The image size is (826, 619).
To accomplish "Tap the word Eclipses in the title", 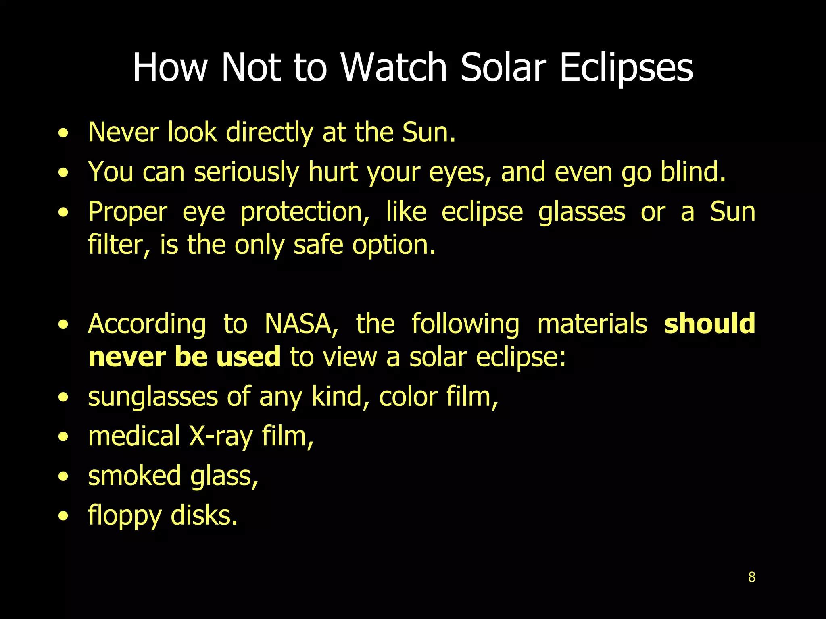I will click(626, 67).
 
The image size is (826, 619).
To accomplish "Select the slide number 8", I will click(751, 577).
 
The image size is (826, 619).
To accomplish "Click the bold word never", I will click(127, 357).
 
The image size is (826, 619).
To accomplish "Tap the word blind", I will click(693, 172).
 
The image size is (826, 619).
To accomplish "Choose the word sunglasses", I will click(153, 397).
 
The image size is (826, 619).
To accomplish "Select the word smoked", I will click(134, 476).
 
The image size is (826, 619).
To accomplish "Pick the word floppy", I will click(125, 516).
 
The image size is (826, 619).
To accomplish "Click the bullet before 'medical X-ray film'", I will click(63, 436).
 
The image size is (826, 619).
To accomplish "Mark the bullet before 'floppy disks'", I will click(63, 515).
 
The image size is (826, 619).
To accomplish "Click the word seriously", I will click(246, 172).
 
